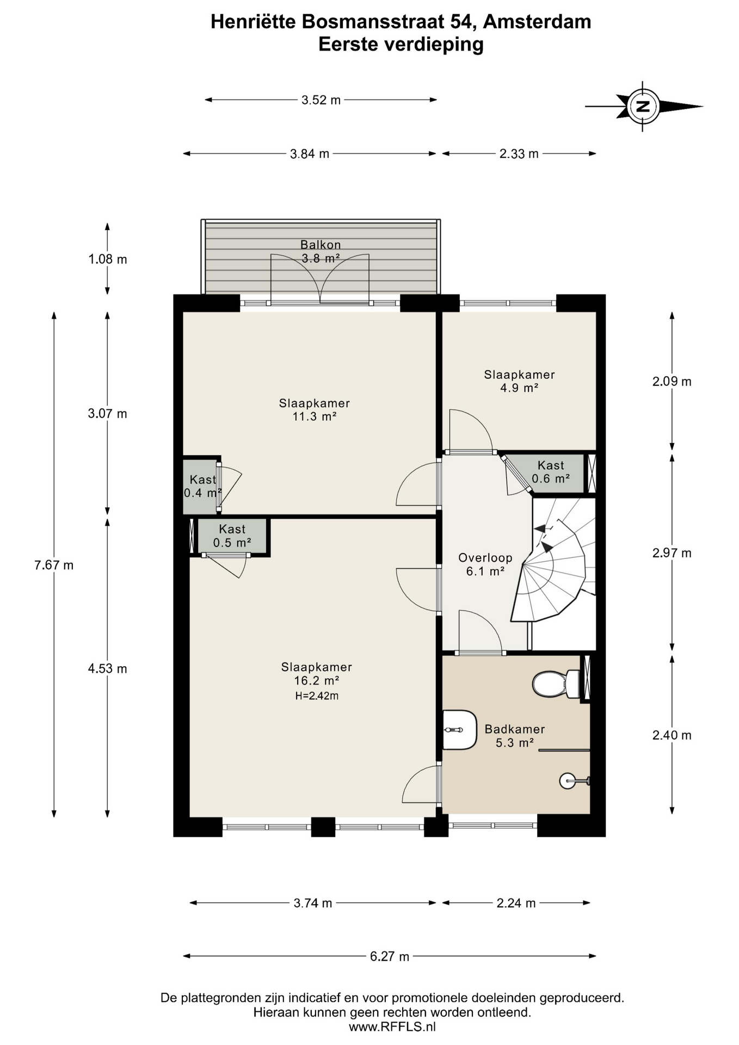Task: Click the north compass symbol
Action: click(643, 106)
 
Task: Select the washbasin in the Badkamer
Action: click(459, 729)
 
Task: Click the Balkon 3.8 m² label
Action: click(321, 251)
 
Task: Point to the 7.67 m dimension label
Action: click(53, 565)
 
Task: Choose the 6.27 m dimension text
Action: click(390, 956)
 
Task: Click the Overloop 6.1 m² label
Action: click(485, 564)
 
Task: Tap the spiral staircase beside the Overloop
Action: click(552, 577)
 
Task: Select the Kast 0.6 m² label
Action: click(550, 472)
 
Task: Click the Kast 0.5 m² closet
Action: click(232, 536)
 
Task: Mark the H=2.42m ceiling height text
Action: click(317, 696)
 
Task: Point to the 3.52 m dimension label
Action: click(321, 100)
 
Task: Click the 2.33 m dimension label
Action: click(519, 154)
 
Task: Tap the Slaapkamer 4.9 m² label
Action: click(519, 381)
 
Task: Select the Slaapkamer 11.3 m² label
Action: click(314, 410)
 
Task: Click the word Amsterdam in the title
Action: click(537, 22)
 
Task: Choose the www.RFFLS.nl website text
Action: click(392, 1027)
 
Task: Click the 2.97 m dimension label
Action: click(672, 553)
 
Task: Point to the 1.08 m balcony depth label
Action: click(108, 259)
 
